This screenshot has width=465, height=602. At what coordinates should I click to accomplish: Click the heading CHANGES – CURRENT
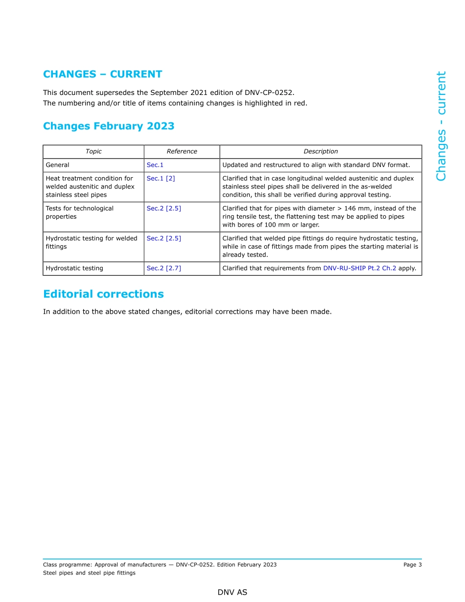click(102, 74)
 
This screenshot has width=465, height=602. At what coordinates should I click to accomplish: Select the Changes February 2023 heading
click(109, 126)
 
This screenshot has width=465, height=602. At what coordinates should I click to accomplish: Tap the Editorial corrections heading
click(103, 294)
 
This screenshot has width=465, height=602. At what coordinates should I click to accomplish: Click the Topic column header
click(93, 152)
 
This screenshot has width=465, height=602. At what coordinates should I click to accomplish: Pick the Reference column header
click(182, 152)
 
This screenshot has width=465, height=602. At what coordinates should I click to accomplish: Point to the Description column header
click(321, 152)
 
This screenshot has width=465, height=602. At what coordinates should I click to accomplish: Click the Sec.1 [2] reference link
click(161, 179)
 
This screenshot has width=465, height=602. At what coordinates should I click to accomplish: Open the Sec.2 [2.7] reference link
click(163, 269)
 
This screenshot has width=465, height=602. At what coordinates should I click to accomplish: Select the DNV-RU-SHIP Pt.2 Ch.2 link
click(359, 269)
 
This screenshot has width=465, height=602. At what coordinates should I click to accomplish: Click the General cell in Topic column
click(57, 165)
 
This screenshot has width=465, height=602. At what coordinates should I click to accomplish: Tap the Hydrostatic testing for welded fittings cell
click(91, 243)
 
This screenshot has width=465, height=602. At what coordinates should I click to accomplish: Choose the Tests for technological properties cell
click(79, 212)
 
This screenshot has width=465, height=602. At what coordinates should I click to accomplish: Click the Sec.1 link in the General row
click(155, 165)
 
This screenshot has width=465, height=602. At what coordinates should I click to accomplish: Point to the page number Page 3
click(412, 565)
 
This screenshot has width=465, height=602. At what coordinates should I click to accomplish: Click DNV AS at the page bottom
click(232, 593)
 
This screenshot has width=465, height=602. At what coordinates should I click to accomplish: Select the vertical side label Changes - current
click(441, 126)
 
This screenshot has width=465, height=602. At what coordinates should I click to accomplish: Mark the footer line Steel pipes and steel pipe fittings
click(89, 573)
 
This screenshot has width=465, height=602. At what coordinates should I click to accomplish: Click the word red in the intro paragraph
click(300, 103)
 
